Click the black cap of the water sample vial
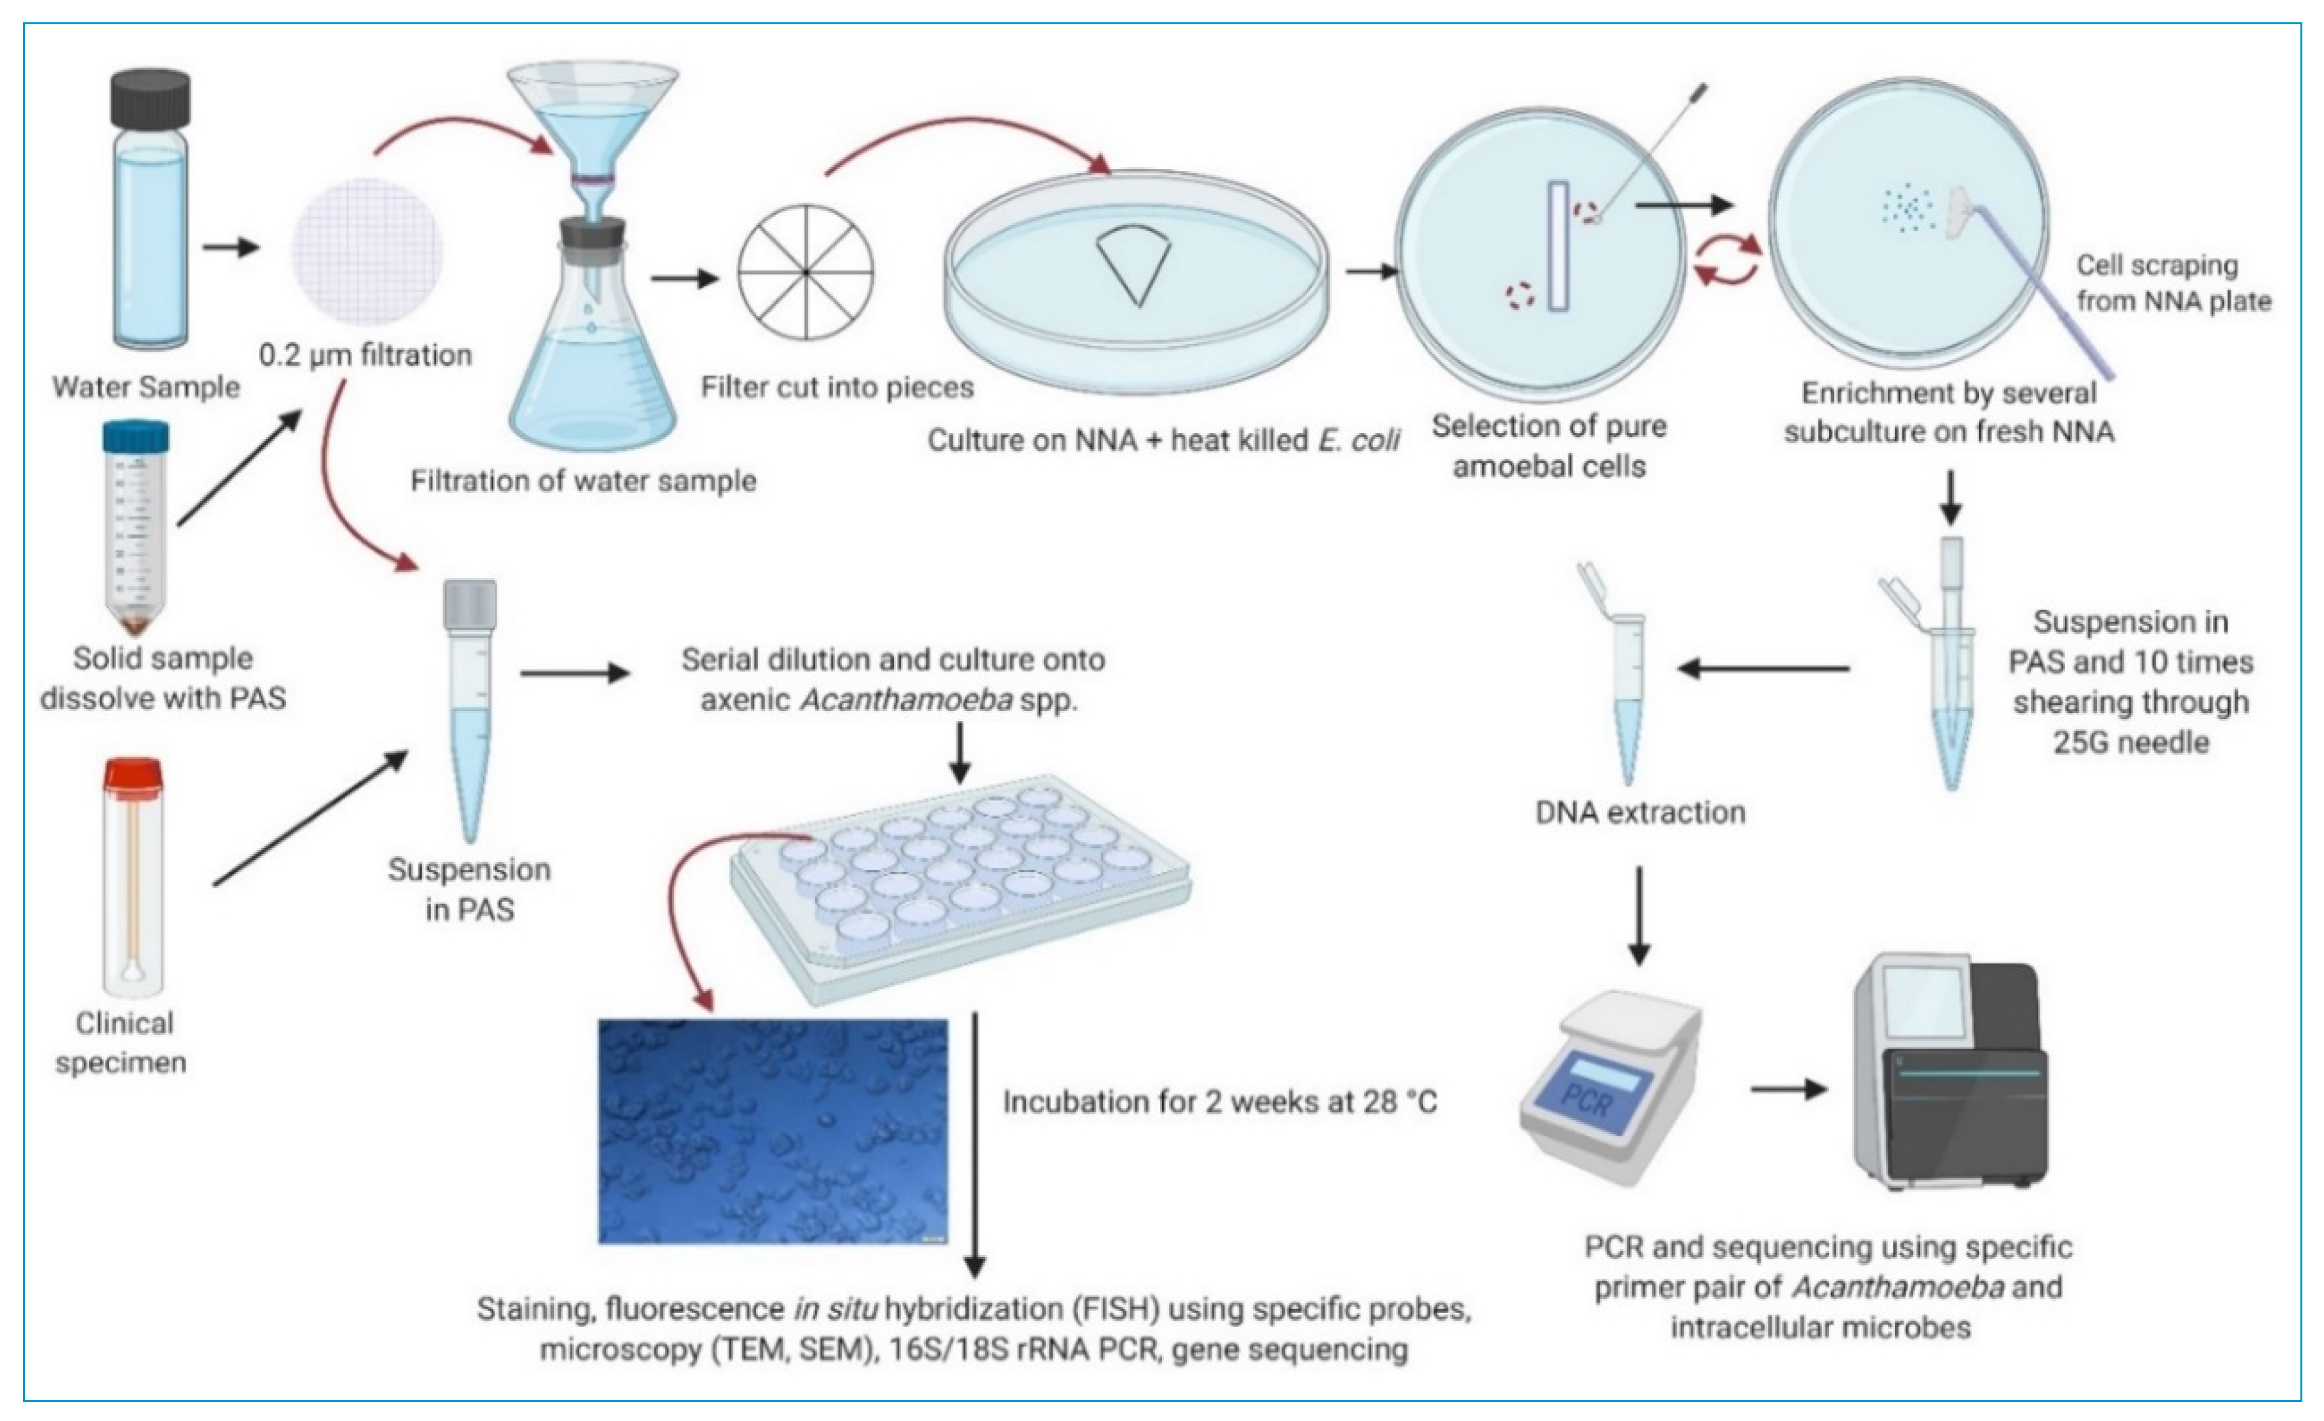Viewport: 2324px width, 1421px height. [x=151, y=97]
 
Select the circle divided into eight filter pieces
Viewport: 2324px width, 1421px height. [x=807, y=271]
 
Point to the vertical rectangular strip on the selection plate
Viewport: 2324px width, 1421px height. [x=1557, y=245]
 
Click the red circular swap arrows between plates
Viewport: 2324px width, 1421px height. [x=1727, y=260]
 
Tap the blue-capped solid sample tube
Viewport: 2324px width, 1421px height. [x=136, y=438]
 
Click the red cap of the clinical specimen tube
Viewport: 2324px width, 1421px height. [x=133, y=774]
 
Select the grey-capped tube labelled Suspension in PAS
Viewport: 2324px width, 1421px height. [x=470, y=707]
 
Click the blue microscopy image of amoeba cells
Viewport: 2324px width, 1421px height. [x=772, y=1131]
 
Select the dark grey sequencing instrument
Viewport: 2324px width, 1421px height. [x=1948, y=1075]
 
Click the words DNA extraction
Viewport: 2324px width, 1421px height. [x=1640, y=813]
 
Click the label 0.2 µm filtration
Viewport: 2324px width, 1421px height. [x=366, y=355]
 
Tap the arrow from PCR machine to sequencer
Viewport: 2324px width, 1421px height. [x=1788, y=1090]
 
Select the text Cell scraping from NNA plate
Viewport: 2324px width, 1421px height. [x=2172, y=283]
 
